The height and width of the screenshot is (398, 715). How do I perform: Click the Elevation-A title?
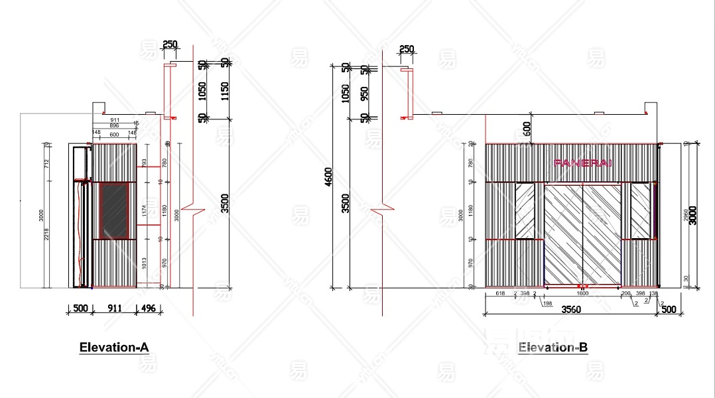114,347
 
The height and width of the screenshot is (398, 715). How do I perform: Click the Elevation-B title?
552,347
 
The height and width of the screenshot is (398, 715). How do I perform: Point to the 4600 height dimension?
329,177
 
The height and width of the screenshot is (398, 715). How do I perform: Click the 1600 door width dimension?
582,293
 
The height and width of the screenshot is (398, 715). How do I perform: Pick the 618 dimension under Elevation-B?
501,293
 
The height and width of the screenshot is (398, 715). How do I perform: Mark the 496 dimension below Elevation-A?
148,308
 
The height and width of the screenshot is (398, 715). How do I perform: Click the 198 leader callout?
547,303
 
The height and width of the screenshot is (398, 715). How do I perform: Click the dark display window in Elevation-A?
114,211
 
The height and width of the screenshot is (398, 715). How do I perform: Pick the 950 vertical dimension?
364,92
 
